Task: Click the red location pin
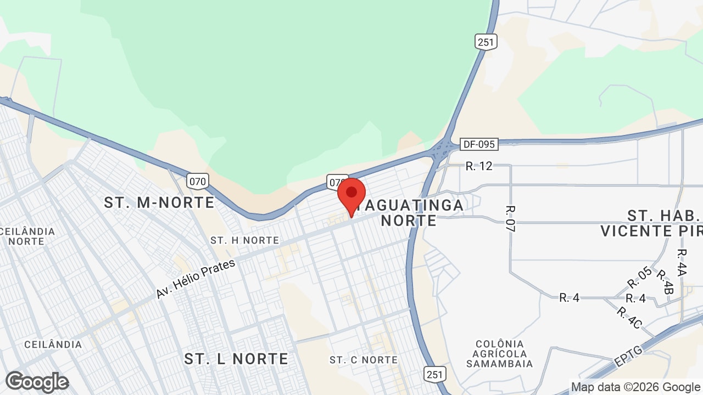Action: [x=351, y=195]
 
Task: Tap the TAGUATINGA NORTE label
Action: [x=409, y=213]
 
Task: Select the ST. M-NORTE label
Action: [x=159, y=202]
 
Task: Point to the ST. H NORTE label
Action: [x=244, y=240]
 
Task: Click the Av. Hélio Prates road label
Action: [x=196, y=279]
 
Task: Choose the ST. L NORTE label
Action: [x=236, y=359]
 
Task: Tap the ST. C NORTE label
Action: [x=364, y=360]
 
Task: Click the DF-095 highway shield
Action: [x=479, y=144]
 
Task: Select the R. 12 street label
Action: [x=479, y=166]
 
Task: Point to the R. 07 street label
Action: [x=510, y=219]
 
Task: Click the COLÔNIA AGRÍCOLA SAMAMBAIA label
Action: [x=499, y=353]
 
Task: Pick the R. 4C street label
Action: [x=629, y=318]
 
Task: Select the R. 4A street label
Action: [x=682, y=262]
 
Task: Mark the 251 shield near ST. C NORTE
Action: [x=434, y=374]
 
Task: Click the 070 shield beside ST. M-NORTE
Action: [x=197, y=180]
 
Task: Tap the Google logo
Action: [x=37, y=382]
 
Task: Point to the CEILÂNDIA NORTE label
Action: [x=27, y=236]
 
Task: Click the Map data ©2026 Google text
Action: [x=635, y=387]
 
